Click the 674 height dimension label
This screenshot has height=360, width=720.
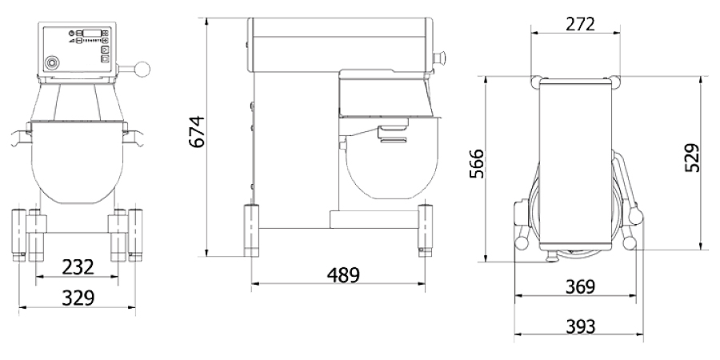pyautogui.click(x=197, y=132)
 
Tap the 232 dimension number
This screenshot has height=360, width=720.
pyautogui.click(x=78, y=266)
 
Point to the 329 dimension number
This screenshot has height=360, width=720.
pyautogui.click(x=78, y=298)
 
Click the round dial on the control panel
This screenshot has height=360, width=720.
pyautogui.click(x=54, y=62)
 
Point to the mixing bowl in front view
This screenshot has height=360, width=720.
pyautogui.click(x=78, y=164)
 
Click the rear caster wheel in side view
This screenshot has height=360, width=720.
pyautogui.click(x=252, y=228)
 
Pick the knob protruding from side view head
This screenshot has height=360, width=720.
pyautogui.click(x=439, y=57)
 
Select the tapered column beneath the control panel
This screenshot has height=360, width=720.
pyautogui.click(x=78, y=100)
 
